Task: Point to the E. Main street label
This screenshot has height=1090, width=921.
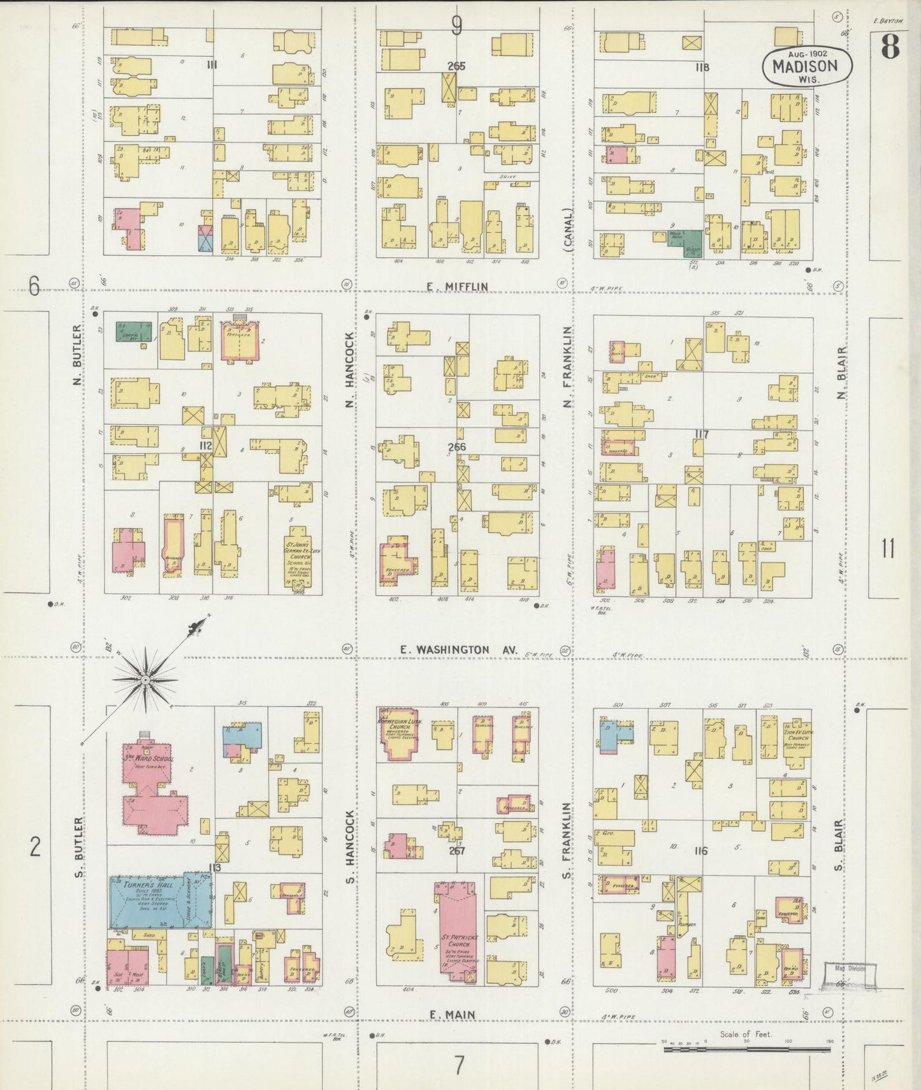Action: pos(452,1014)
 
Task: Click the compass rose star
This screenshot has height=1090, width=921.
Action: pos(145,680)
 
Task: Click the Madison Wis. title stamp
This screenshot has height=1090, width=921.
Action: pos(808,66)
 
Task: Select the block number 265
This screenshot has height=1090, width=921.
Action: pos(456,66)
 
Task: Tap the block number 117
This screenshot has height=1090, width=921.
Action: pos(702,435)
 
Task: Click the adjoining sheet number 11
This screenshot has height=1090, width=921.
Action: pos(888,549)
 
